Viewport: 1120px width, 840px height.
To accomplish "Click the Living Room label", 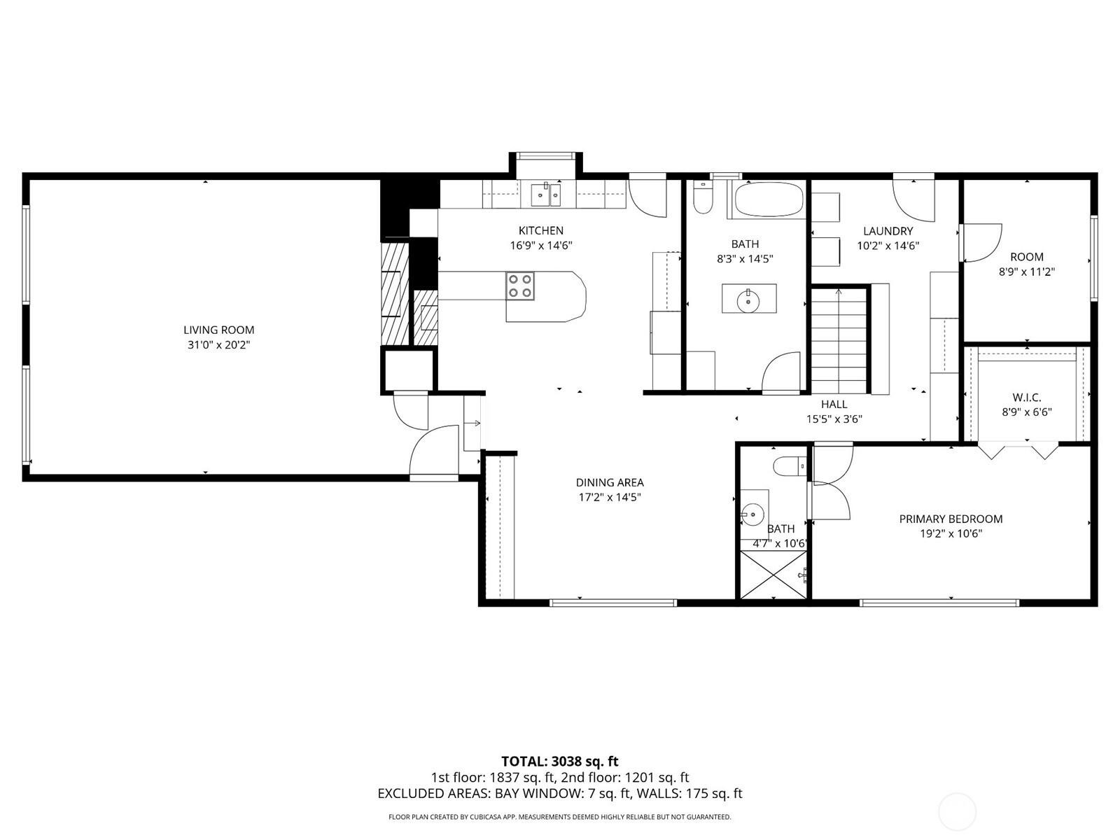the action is coord(219,330).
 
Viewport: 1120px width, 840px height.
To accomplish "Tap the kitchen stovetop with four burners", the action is coord(520,286).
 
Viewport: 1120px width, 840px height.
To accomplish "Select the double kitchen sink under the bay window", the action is coord(546,195).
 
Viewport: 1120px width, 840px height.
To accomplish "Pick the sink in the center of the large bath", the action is coord(749,298).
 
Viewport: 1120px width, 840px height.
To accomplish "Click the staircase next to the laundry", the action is coord(839,340).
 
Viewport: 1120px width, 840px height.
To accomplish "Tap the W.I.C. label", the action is coord(1027,398).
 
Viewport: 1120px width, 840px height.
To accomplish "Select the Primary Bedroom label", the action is coord(951,519).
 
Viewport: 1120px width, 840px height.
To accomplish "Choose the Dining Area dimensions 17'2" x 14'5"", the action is coord(610,497).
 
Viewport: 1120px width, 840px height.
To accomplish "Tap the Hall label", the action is coord(834,405).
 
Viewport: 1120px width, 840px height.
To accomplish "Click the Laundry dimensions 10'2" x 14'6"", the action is coord(888,246).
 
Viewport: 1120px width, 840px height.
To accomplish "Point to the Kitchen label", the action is coord(541,230).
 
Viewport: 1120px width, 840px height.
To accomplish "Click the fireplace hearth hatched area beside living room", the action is coord(395,294).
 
